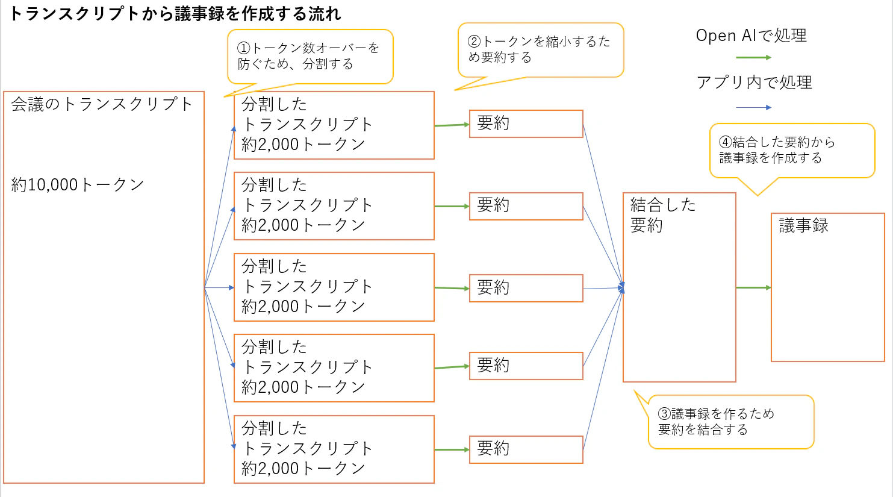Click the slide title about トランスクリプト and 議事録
point(175,14)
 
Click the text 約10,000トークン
point(77,185)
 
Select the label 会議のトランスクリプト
point(102,104)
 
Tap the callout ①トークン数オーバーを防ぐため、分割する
point(310,57)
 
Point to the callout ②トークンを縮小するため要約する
point(541,50)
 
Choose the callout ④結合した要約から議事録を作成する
point(792,151)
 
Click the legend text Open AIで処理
point(751,36)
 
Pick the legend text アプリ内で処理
point(754,82)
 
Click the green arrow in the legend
point(753,58)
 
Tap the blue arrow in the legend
point(753,107)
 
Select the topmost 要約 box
point(526,123)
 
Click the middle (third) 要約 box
point(526,288)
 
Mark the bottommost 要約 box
point(526,449)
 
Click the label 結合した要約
point(663,215)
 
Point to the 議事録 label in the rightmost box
point(803,225)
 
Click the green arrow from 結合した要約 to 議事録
point(753,287)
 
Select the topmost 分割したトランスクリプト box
point(334,125)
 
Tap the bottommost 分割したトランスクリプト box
point(334,449)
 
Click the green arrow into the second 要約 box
point(452,206)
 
